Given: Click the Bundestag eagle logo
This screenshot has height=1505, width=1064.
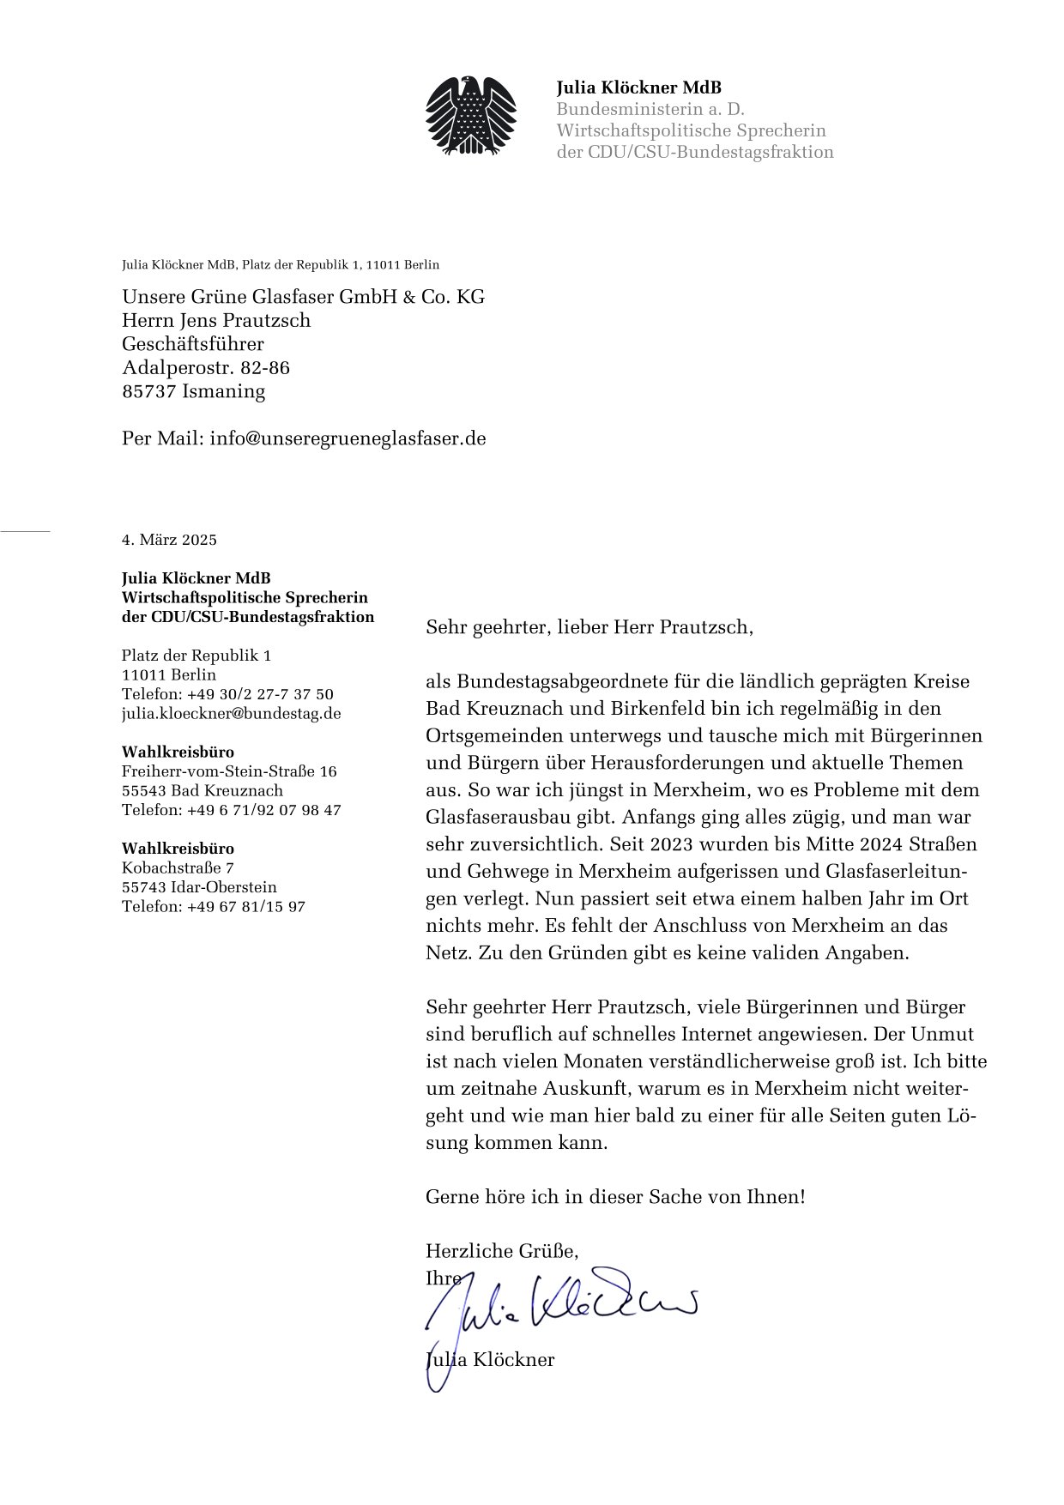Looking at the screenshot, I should click(471, 116).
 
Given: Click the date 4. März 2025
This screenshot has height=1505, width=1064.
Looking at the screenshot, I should click(169, 540).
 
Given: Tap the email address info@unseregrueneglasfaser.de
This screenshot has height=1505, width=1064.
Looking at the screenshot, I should click(348, 438).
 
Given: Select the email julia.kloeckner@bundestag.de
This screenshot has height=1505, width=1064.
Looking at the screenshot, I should click(231, 713).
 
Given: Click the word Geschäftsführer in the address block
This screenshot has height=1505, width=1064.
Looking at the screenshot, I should click(193, 344).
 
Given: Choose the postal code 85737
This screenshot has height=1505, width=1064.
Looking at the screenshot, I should click(149, 391).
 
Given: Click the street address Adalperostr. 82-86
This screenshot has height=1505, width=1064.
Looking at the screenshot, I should click(206, 368).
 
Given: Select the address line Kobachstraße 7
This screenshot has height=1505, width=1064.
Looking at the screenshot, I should click(178, 867).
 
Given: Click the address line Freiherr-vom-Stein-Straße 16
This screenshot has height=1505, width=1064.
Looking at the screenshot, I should click(229, 771).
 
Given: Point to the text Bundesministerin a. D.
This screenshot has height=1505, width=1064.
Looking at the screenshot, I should click(650, 109).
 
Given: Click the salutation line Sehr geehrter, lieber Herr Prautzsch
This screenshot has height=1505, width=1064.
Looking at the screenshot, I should click(589, 627).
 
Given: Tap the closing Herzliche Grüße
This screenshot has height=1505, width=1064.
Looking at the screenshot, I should click(501, 1250).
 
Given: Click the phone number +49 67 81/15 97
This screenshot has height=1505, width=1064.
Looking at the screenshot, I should click(245, 906).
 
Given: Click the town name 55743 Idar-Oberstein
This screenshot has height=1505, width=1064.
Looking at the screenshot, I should click(199, 887).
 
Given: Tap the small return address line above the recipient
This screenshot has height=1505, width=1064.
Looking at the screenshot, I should click(281, 265).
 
